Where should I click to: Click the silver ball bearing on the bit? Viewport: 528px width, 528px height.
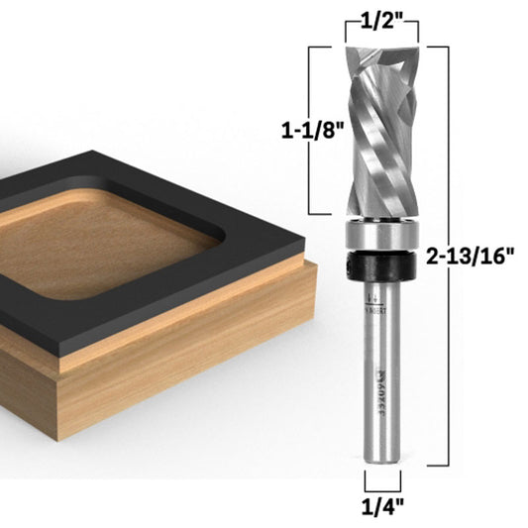click(381, 239)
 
